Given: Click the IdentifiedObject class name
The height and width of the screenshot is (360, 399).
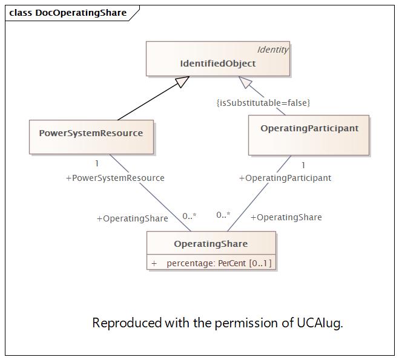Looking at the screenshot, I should coord(217,64).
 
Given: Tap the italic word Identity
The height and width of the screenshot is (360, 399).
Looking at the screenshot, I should coord(272,50).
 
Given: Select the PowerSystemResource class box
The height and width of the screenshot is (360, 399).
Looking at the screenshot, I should coord(91,136).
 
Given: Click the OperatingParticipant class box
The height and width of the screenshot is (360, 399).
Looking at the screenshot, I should coord(309,134).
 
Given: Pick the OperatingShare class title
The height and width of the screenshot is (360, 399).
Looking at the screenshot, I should coord(211,244).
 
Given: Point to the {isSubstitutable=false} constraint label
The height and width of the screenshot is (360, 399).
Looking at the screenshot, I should coord(263,103).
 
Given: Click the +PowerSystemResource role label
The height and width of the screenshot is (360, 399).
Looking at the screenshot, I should coord(115,178).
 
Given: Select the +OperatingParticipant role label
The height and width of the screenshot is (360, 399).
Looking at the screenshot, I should coord(285,178).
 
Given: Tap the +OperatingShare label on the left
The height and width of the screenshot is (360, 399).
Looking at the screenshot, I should coord(132,218).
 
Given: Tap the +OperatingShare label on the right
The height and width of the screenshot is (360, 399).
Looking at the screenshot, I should coord(286,217).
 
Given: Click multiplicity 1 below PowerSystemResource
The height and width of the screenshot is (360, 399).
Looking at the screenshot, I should coord(97,163).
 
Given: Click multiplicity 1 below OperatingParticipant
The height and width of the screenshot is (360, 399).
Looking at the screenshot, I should coord(303,165).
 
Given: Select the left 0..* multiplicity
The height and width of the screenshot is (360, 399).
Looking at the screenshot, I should coord(190,216).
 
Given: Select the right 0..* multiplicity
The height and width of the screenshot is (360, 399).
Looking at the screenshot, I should coord(223,215).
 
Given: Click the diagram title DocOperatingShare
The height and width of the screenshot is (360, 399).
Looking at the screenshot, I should coord(81,13).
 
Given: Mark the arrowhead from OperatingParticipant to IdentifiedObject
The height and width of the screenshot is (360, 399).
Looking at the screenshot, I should coord(245,83).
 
